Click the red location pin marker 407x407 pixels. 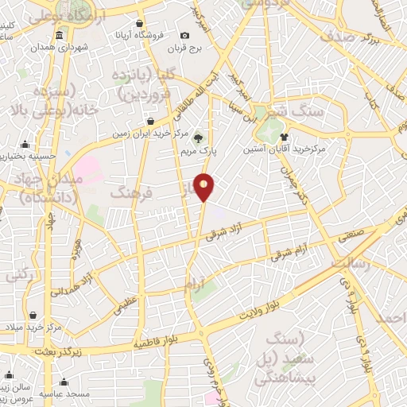(205, 186)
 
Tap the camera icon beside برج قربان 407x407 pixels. (185, 35)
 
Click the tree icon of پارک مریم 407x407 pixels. (198, 138)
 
